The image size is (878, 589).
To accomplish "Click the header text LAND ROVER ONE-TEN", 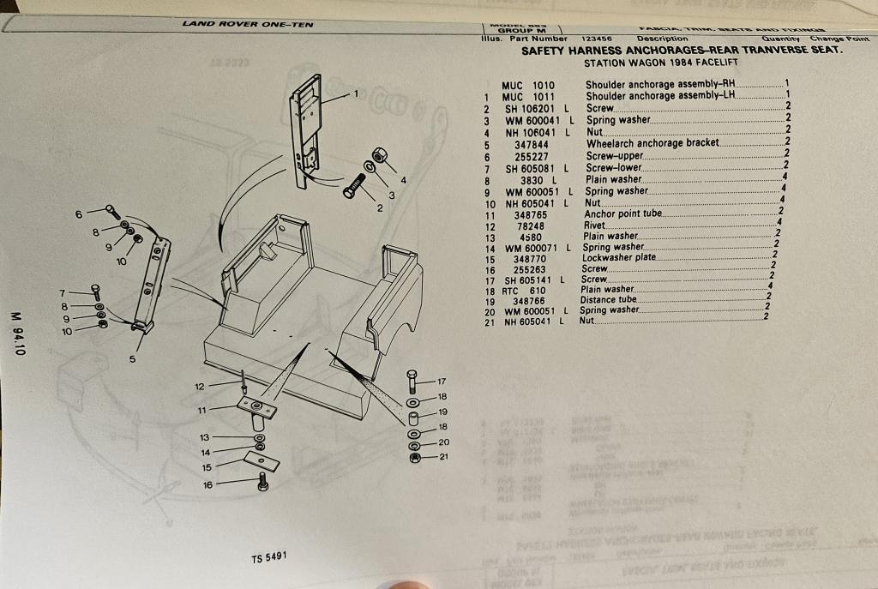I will [248, 24].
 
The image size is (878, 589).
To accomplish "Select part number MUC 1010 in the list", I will [528, 85].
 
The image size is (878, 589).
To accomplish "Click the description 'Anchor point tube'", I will [623, 213].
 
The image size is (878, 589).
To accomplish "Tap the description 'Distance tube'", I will [610, 300].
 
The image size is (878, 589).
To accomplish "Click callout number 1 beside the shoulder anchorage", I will [356, 93].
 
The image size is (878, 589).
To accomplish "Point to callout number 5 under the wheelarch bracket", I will [133, 359].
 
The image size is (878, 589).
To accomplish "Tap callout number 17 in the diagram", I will [442, 381].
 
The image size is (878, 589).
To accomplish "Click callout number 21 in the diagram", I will [443, 457].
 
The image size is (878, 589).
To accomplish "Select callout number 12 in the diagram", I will [199, 387].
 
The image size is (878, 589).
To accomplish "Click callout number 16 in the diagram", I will [207, 485].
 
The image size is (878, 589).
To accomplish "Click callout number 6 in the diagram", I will [78, 213].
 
